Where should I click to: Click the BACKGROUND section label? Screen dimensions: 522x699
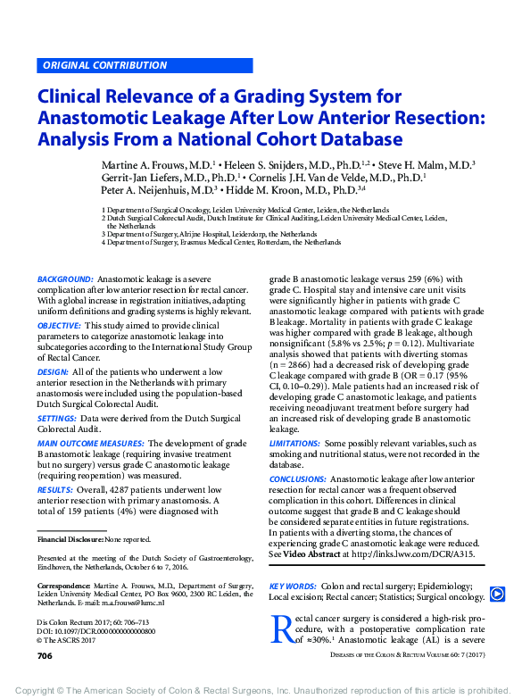click(x=65, y=279)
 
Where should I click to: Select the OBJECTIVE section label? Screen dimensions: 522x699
click(x=60, y=326)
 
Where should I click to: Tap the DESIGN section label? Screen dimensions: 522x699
click(x=53, y=371)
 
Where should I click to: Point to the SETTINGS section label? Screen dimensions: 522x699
click(x=56, y=418)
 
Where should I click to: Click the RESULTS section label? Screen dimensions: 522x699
click(x=55, y=489)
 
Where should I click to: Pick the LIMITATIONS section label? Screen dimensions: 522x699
click(x=294, y=443)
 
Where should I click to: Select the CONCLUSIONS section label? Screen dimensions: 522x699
click(x=298, y=479)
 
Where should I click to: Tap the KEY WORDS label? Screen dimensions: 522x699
click(x=293, y=587)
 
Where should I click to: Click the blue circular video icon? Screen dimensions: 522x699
click(x=497, y=594)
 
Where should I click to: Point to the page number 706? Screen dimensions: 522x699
click(x=45, y=656)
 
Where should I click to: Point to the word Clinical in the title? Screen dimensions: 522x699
click(x=76, y=96)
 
